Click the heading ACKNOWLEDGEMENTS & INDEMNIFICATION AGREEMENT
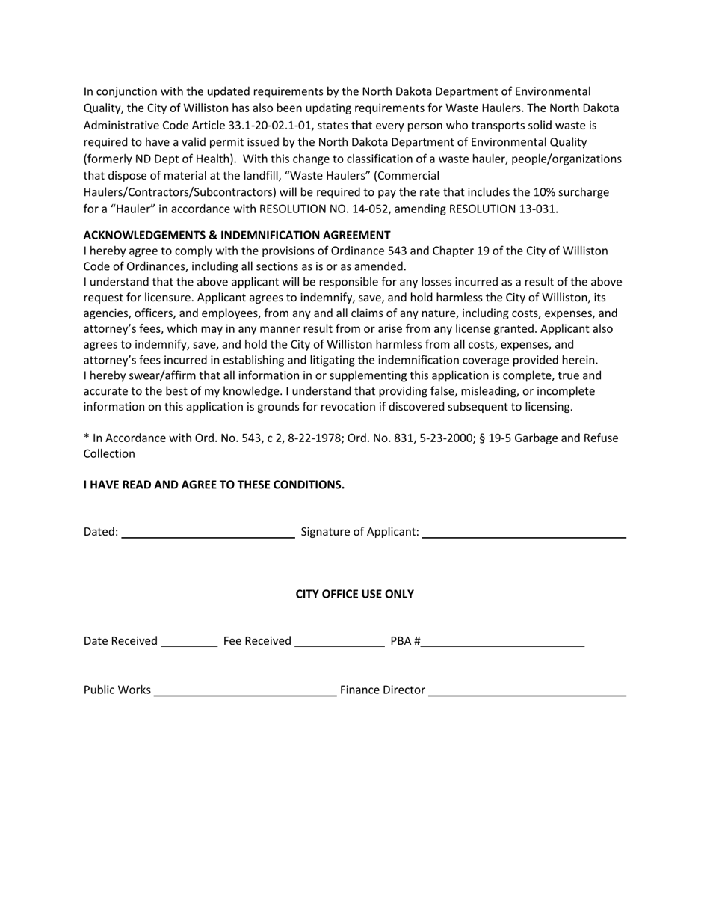coord(236,235)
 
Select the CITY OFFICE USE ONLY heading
coord(354,594)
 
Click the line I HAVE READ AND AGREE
coord(214,485)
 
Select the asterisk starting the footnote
coord(86,438)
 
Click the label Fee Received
coord(257,641)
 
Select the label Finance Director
coord(383,690)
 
